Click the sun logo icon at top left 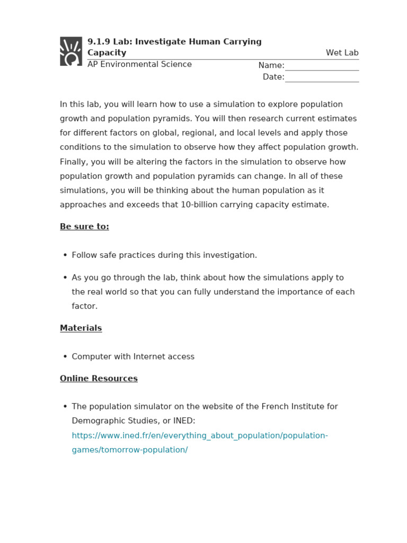click(71, 51)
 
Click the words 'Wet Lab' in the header click(342, 52)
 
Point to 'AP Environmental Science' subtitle click(139, 64)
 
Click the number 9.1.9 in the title click(97, 41)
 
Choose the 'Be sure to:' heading click(84, 226)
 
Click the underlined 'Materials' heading click(81, 328)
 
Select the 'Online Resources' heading click(99, 378)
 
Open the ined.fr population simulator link click(200, 435)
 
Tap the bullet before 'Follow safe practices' click(65, 255)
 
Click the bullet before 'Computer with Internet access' click(65, 356)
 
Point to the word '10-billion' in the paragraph click(200, 205)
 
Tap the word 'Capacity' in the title click(107, 52)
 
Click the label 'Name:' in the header click(271, 65)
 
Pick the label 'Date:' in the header click(273, 77)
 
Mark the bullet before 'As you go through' click(65, 277)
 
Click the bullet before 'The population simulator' click(65, 406)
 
